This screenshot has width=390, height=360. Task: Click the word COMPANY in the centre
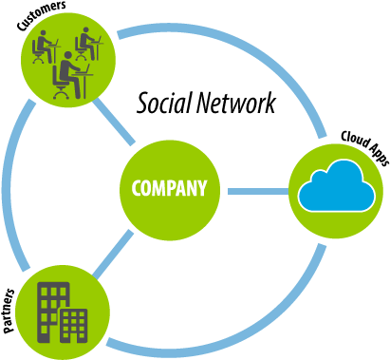169,188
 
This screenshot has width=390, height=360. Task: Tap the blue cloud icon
335,187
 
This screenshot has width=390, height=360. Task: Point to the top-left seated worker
43,46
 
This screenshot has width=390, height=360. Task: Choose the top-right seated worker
87,43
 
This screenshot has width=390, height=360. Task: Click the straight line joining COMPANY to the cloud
257,191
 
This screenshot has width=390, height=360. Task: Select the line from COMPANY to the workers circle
115,123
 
